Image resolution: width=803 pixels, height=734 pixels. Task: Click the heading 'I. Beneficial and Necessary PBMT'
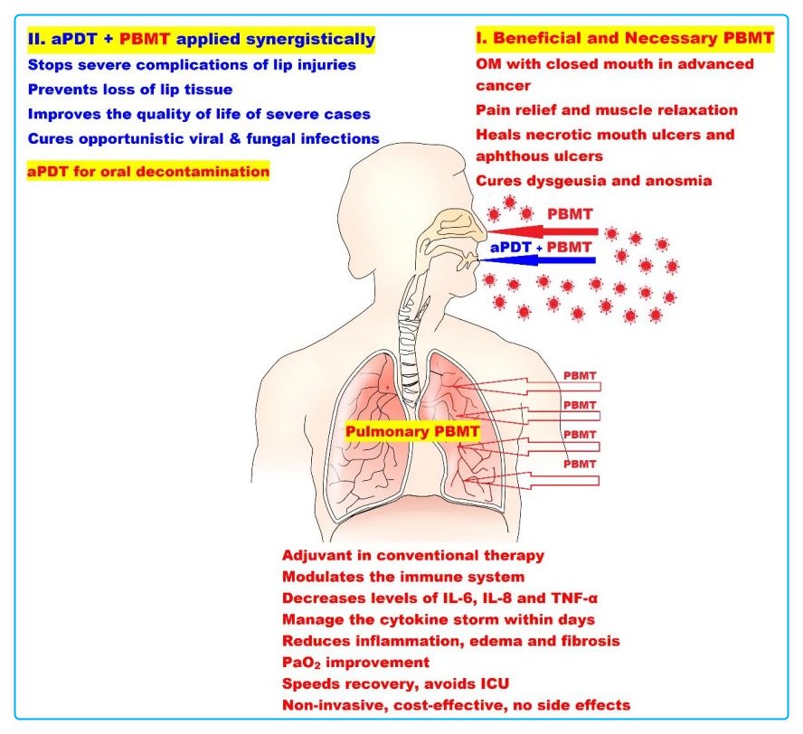(x=625, y=39)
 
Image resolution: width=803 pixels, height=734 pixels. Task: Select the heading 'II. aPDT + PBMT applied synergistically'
(x=201, y=39)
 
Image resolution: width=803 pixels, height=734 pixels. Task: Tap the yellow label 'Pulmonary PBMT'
(x=412, y=433)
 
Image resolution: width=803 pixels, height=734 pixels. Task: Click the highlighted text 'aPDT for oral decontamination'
(x=148, y=171)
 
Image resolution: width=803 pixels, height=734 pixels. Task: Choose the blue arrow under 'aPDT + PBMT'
(x=537, y=260)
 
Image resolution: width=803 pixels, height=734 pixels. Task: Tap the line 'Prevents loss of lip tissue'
(x=131, y=89)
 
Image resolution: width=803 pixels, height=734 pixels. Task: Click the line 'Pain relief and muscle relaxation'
(x=607, y=110)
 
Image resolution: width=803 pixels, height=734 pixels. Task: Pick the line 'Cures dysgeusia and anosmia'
(x=594, y=181)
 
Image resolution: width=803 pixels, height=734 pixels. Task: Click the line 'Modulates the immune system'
(x=403, y=576)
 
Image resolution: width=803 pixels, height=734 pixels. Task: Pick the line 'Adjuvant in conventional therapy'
(x=413, y=554)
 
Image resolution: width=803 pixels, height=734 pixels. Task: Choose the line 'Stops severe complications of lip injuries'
(x=192, y=65)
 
